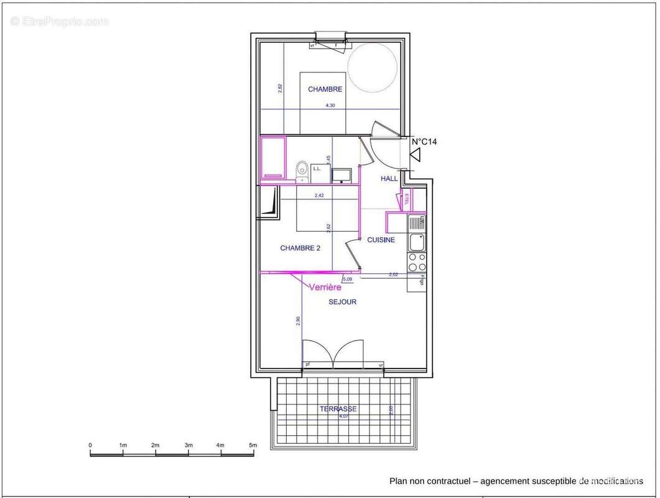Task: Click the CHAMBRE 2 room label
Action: [300, 248]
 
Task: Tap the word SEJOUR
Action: [342, 302]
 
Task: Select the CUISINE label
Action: [381, 240]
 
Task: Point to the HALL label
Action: [389, 179]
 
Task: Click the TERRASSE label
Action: [338, 409]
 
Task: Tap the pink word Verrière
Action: [325, 287]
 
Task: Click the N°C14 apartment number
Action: [424, 142]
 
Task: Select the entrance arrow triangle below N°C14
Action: [415, 155]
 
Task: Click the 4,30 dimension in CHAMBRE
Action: [330, 106]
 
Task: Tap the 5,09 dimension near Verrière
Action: [346, 280]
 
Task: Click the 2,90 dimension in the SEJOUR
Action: [298, 321]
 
